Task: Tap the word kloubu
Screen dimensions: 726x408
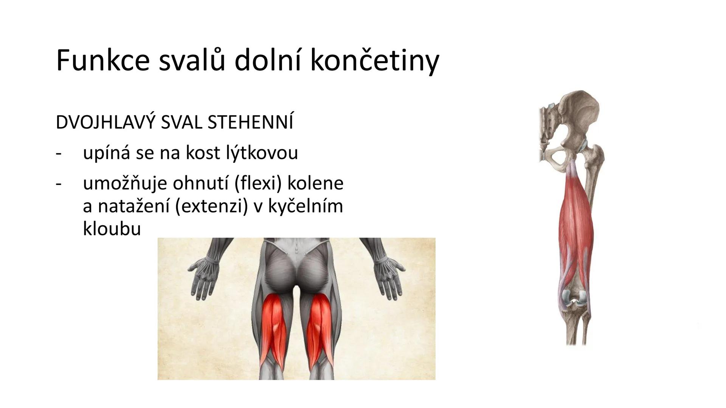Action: pos(112,228)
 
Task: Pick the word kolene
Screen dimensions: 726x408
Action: pos(315,183)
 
